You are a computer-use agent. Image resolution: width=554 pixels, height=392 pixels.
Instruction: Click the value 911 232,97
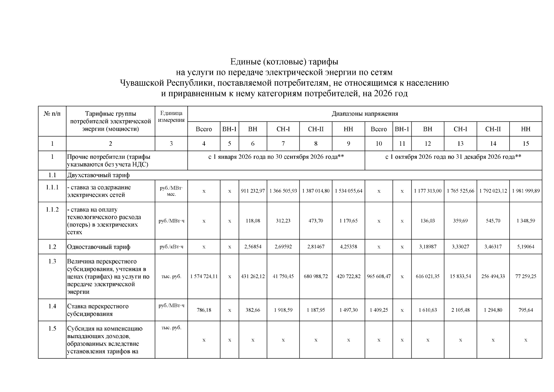pos(253,191)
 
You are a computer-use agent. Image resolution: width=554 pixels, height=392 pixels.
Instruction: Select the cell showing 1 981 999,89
pos(526,191)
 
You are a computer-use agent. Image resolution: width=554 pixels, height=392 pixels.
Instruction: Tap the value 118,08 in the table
pos(253,221)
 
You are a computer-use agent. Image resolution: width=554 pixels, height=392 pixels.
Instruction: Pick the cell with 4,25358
pos(348,247)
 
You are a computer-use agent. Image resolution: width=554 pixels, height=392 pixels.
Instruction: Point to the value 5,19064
pos(526,247)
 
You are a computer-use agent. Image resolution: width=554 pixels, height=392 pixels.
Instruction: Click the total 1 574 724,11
pos(204,276)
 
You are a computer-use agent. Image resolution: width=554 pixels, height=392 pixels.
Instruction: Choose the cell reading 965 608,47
pos(379,276)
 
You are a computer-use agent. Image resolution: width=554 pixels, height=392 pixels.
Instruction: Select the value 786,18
pos(204,310)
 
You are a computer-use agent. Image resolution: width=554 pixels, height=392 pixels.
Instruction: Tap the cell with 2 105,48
pos(460,310)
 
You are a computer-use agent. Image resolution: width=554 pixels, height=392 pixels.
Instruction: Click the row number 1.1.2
pos(52,210)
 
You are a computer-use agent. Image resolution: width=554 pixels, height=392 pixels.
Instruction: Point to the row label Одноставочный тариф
pos(99,247)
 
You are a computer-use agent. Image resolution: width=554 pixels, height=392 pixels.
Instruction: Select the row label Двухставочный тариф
pos(98,175)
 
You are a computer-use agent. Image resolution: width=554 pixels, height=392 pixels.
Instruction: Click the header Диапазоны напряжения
pos(365,114)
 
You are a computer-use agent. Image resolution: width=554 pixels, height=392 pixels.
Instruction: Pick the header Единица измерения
pos(171,117)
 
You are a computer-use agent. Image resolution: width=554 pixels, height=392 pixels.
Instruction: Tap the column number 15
pos(526,143)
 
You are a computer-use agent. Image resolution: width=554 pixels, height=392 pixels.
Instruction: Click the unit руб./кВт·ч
pos(171,247)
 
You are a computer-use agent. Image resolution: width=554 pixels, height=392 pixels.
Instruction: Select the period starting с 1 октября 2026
pos(453,157)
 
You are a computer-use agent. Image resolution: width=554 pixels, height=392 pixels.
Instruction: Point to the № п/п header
pos(52,114)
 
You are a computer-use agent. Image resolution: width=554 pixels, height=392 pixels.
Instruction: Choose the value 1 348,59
pos(526,221)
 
